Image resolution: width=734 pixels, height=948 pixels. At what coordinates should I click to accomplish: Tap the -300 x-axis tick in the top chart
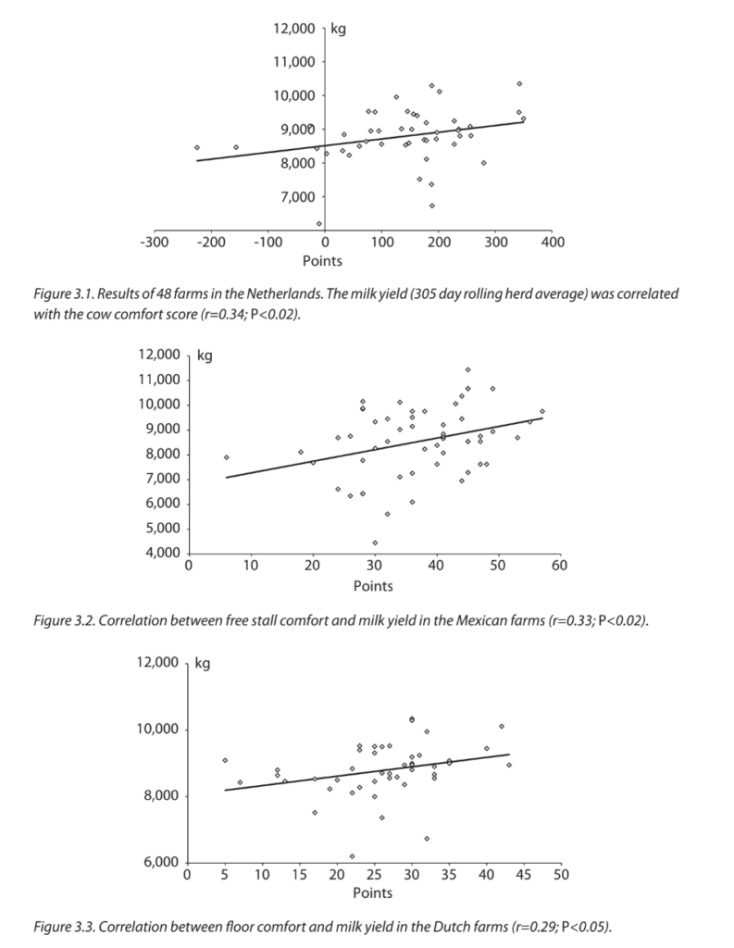click(x=154, y=243)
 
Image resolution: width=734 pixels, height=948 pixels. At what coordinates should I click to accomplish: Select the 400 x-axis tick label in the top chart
click(x=553, y=243)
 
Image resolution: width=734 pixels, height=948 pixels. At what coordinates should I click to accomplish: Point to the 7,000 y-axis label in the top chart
click(x=297, y=197)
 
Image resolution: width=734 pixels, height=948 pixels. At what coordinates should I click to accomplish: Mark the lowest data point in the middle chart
click(x=375, y=543)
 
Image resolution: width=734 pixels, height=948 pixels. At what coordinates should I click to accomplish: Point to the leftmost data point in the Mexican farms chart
click(x=226, y=457)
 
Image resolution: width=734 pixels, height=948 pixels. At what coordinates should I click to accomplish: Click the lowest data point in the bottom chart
click(x=352, y=856)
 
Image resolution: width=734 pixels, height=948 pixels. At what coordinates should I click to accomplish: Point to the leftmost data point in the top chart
click(x=197, y=147)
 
